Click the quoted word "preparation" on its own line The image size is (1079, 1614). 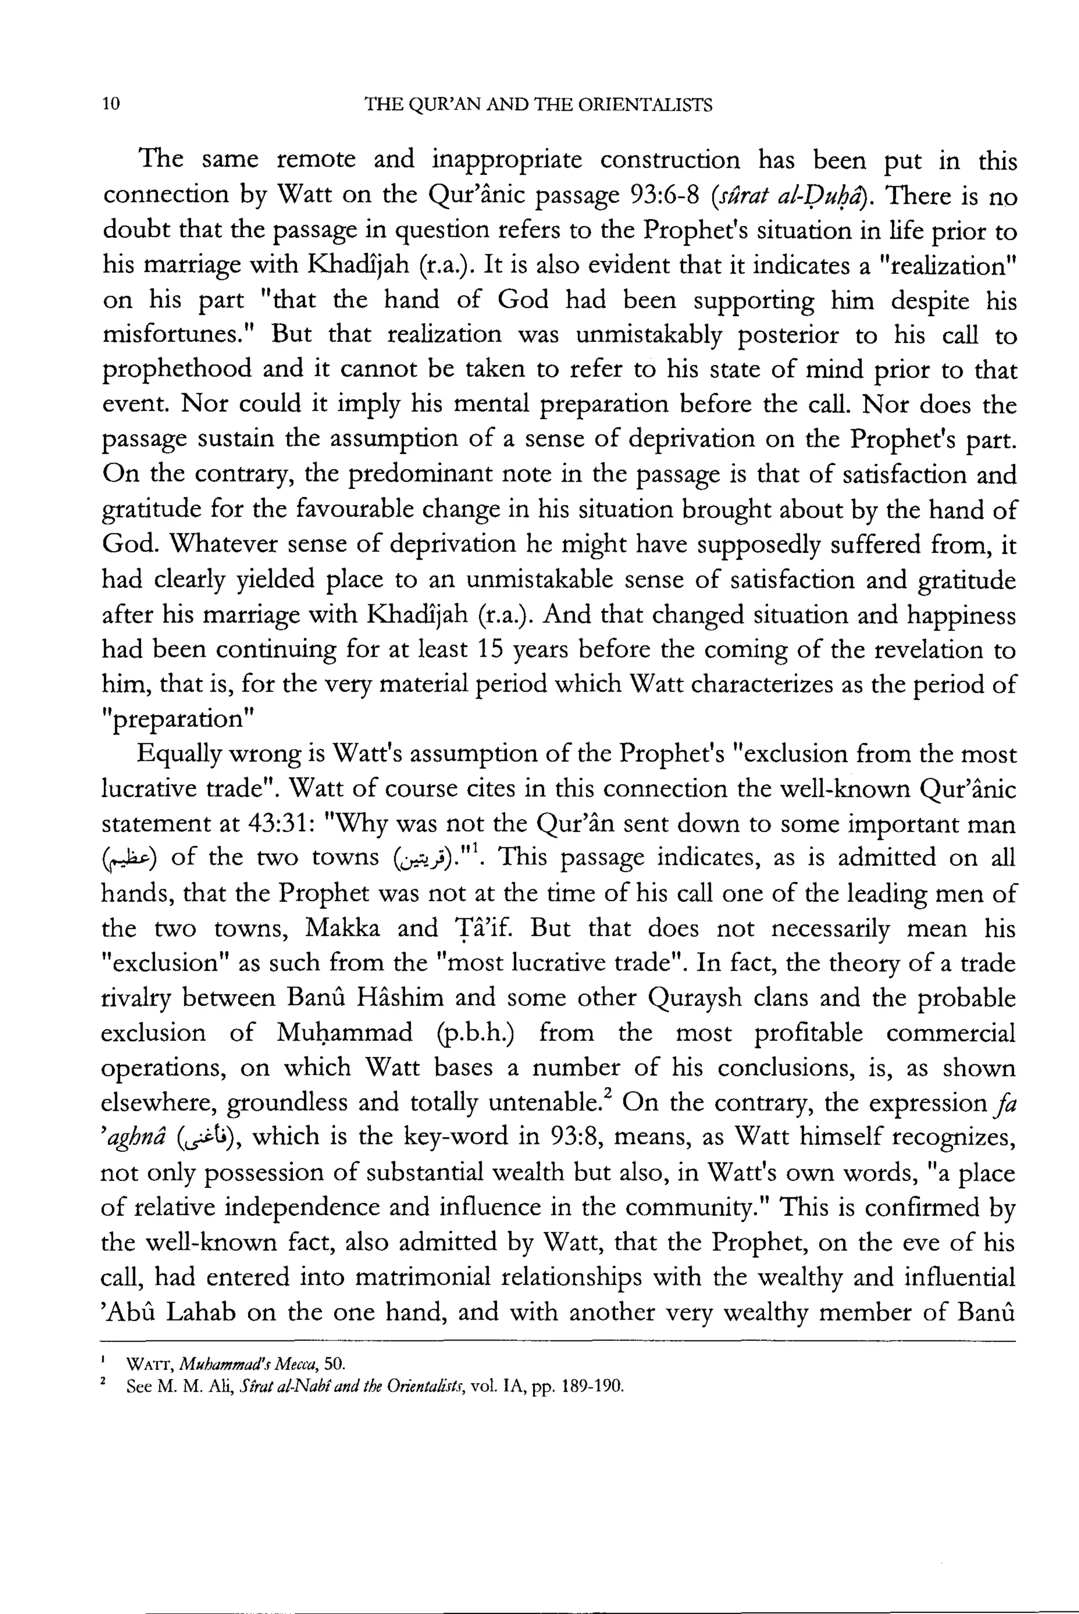178,720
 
